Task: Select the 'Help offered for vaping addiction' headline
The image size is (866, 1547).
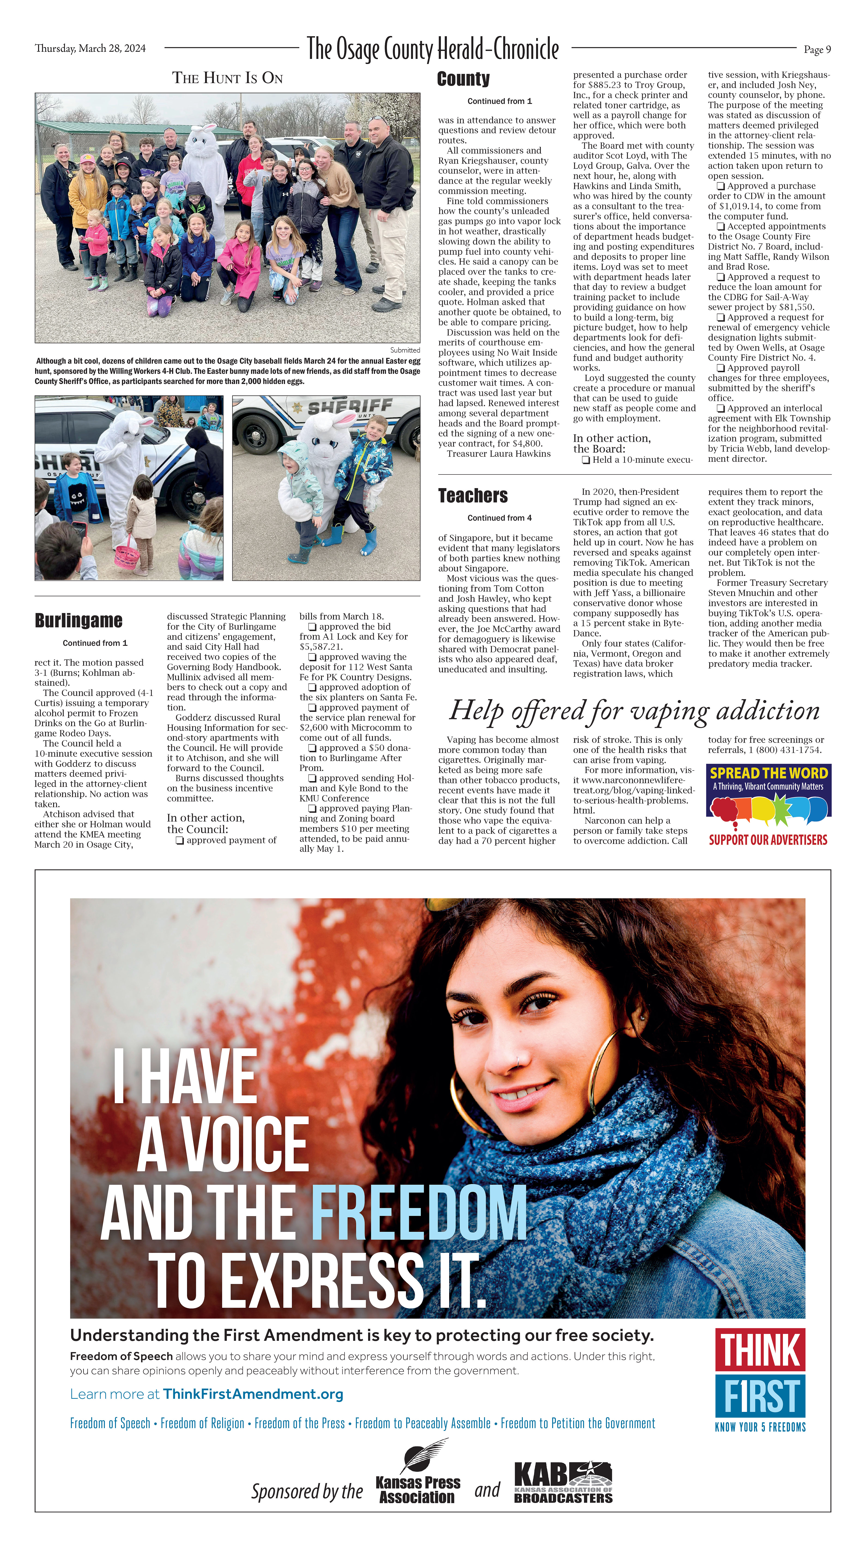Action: pyautogui.click(x=634, y=710)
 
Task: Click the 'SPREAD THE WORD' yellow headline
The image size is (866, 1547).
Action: pyautogui.click(x=769, y=773)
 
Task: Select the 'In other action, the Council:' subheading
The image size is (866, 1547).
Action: pyautogui.click(x=205, y=823)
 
